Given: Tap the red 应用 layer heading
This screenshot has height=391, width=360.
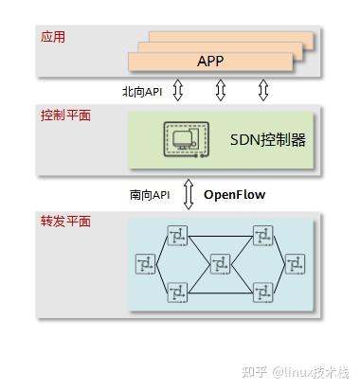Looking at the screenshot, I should click(x=54, y=39).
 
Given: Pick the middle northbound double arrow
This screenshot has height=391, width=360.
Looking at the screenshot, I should click(x=221, y=91).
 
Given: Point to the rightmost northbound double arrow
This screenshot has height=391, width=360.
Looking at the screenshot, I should click(x=263, y=91).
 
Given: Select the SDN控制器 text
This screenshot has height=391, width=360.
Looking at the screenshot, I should click(x=269, y=141).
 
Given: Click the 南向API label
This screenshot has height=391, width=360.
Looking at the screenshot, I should click(x=151, y=195).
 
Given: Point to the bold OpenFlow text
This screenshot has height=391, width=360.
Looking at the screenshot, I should click(x=235, y=195).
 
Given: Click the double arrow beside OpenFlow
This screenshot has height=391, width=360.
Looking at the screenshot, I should click(x=188, y=195).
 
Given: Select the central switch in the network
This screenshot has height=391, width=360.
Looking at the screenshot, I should click(x=221, y=261).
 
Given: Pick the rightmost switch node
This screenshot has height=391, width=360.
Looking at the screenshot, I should click(x=295, y=262).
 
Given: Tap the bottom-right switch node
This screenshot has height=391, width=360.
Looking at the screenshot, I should click(x=262, y=292).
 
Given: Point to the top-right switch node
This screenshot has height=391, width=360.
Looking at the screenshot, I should click(x=262, y=233).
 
